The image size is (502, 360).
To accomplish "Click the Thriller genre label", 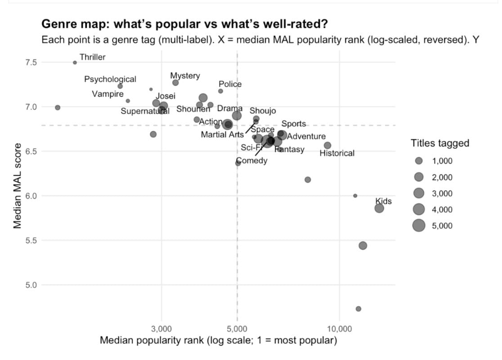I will (x=92, y=57).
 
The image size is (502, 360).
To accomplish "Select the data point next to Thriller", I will (x=75, y=62).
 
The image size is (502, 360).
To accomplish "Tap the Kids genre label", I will (x=383, y=201).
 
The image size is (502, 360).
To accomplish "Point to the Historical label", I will (x=337, y=153).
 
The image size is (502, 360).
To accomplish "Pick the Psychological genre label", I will (x=110, y=79).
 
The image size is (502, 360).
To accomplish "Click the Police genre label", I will (x=230, y=84).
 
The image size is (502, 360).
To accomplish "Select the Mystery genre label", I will (x=185, y=76).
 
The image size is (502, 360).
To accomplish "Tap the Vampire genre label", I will (x=108, y=94).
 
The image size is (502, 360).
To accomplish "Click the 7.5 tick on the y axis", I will (x=31, y=62).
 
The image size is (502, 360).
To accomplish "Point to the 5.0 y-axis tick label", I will (x=31, y=285).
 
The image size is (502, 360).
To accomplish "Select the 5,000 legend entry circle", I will (x=419, y=226).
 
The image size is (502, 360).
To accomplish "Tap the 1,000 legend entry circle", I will (x=419, y=161).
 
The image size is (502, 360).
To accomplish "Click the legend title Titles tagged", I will (x=439, y=143).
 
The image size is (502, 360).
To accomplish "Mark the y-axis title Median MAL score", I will (x=18, y=186).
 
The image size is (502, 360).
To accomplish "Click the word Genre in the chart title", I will (x=58, y=23).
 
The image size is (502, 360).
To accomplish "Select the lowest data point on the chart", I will (x=359, y=309).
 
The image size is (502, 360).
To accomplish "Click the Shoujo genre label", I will (x=263, y=111).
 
